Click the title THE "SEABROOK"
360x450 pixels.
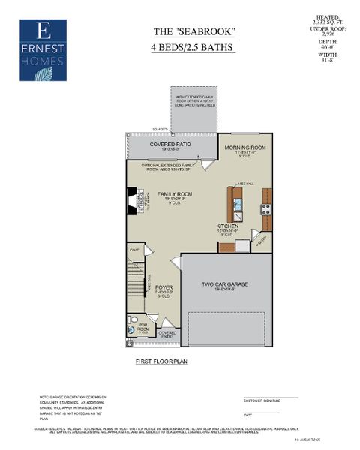click(x=184, y=31)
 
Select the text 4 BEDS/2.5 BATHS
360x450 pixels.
click(x=184, y=48)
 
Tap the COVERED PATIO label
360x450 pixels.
click(x=168, y=144)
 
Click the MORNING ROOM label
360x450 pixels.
click(x=245, y=148)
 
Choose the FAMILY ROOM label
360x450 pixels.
click(x=175, y=194)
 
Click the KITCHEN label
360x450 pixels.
click(x=228, y=226)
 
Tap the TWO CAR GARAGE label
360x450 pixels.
click(x=225, y=284)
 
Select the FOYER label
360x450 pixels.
click(x=163, y=287)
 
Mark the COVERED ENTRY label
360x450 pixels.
click(x=167, y=334)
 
